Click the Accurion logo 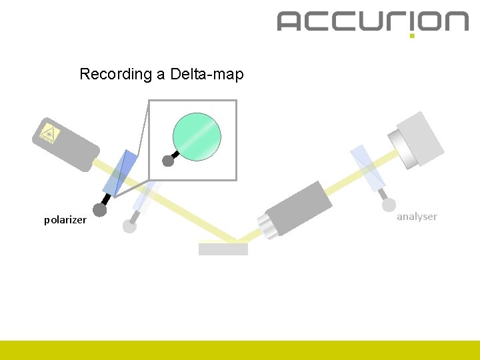[373, 21]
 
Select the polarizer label [65, 219]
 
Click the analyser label [417, 216]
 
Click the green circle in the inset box [197, 137]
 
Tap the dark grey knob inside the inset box [168, 161]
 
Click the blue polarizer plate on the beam [121, 173]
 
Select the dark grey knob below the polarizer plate [100, 210]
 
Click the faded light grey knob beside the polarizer [130, 226]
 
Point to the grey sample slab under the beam [223, 249]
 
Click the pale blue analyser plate [367, 167]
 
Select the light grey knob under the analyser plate [389, 205]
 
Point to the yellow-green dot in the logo [412, 35]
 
